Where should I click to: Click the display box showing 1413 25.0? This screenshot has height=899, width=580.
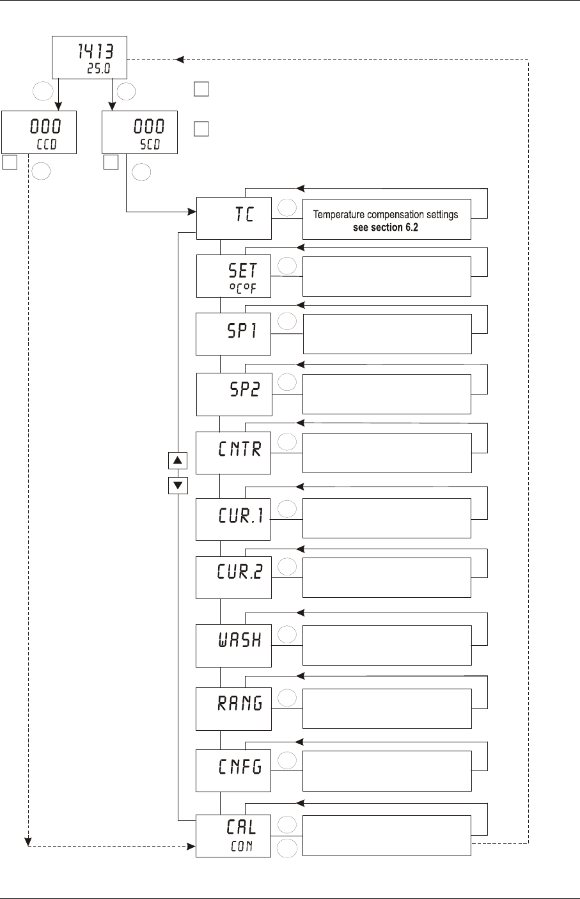[x=90, y=58]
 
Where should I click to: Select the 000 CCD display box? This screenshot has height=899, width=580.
[x=39, y=132]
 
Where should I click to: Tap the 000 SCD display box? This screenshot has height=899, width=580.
[x=139, y=132]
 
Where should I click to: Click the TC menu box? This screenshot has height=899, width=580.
[x=234, y=218]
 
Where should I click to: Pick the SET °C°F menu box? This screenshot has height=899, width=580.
[x=233, y=276]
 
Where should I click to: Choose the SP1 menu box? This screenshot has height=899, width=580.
[x=233, y=334]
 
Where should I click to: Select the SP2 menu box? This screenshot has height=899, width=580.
[x=234, y=395]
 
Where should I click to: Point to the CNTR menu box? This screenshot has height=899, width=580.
[x=233, y=453]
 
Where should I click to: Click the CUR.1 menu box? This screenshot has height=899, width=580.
[x=233, y=519]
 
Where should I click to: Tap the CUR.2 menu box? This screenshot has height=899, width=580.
[x=233, y=577]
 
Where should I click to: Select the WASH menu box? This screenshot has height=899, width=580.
[x=233, y=646]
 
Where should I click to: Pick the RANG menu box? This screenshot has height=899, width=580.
[x=233, y=709]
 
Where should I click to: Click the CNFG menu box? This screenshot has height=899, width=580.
[x=233, y=771]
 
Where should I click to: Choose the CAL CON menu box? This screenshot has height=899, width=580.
[x=233, y=836]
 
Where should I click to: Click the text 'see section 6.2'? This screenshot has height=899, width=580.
[x=386, y=228]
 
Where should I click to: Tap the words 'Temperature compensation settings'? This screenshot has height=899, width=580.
[x=386, y=215]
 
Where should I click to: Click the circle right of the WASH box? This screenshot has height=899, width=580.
[x=287, y=634]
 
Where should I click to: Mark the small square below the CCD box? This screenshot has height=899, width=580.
[x=10, y=162]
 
